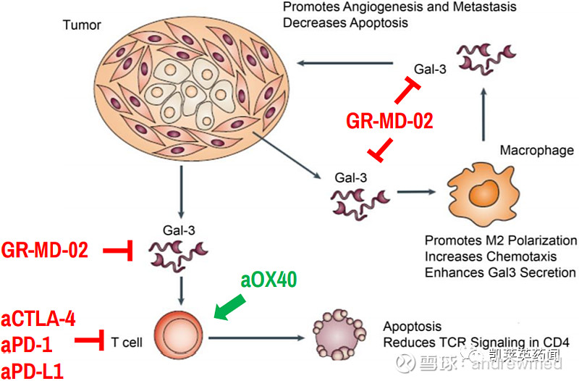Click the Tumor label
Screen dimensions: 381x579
point(81,26)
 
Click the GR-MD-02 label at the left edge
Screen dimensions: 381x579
point(45,251)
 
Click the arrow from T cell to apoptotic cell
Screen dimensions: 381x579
point(254,338)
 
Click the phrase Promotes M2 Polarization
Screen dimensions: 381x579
point(501,240)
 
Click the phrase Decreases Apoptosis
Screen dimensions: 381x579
point(345,23)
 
